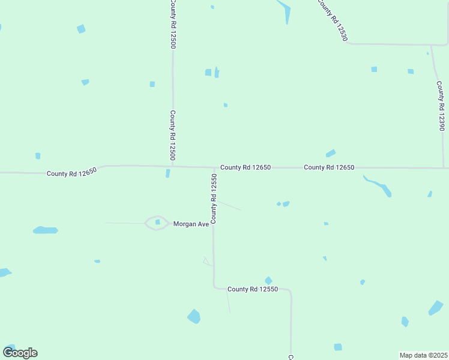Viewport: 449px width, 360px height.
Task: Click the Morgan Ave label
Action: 191,224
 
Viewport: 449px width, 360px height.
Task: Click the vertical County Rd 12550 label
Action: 213,199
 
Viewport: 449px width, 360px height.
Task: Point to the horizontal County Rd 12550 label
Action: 252,289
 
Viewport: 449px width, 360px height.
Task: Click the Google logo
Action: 20,353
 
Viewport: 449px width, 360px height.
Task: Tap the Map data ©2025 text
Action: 423,355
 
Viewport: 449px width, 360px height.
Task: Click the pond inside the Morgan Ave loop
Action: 157,222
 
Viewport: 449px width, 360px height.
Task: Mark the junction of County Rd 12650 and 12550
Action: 213,167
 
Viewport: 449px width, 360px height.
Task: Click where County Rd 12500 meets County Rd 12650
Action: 173,166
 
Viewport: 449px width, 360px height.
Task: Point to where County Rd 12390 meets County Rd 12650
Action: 443,168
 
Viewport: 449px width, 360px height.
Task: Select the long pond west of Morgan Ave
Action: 45,230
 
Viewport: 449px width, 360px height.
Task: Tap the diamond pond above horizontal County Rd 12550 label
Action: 268,280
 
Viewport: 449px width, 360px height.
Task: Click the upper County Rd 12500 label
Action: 173,24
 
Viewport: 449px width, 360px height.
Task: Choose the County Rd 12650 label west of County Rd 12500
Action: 71,172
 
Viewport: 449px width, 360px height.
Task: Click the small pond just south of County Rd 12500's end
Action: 168,173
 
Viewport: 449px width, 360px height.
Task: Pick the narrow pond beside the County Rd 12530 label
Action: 284,11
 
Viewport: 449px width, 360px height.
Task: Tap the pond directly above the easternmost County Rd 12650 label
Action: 330,154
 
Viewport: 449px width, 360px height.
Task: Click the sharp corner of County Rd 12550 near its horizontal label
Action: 215,287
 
